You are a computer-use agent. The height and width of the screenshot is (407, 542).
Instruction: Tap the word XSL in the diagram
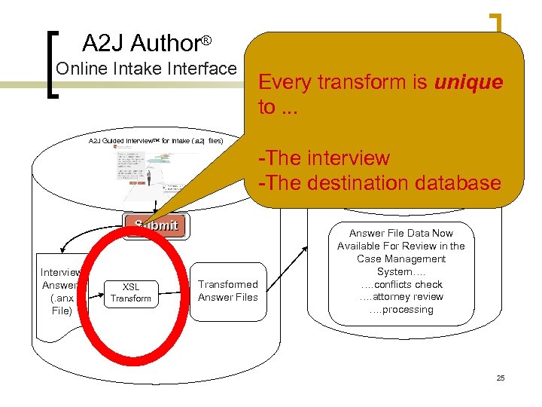pos(131,286)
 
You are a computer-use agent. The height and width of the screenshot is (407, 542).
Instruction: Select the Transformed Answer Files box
pos(227,291)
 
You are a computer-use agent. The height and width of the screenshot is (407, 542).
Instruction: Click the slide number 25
pos(501,378)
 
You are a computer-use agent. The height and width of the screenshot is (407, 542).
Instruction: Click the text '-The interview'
pos(324,158)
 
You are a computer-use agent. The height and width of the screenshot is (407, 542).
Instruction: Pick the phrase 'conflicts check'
pos(407,284)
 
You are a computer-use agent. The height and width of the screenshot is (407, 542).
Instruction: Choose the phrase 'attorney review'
pos(406,297)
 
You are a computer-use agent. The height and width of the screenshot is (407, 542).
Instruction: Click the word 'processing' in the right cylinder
pos(407,310)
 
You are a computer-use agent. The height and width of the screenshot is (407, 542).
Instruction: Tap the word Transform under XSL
pos(131,299)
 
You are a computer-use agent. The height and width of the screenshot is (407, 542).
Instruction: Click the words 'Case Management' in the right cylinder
pos(401,259)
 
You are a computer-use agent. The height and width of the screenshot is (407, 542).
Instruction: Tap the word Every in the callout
pos(285,82)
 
